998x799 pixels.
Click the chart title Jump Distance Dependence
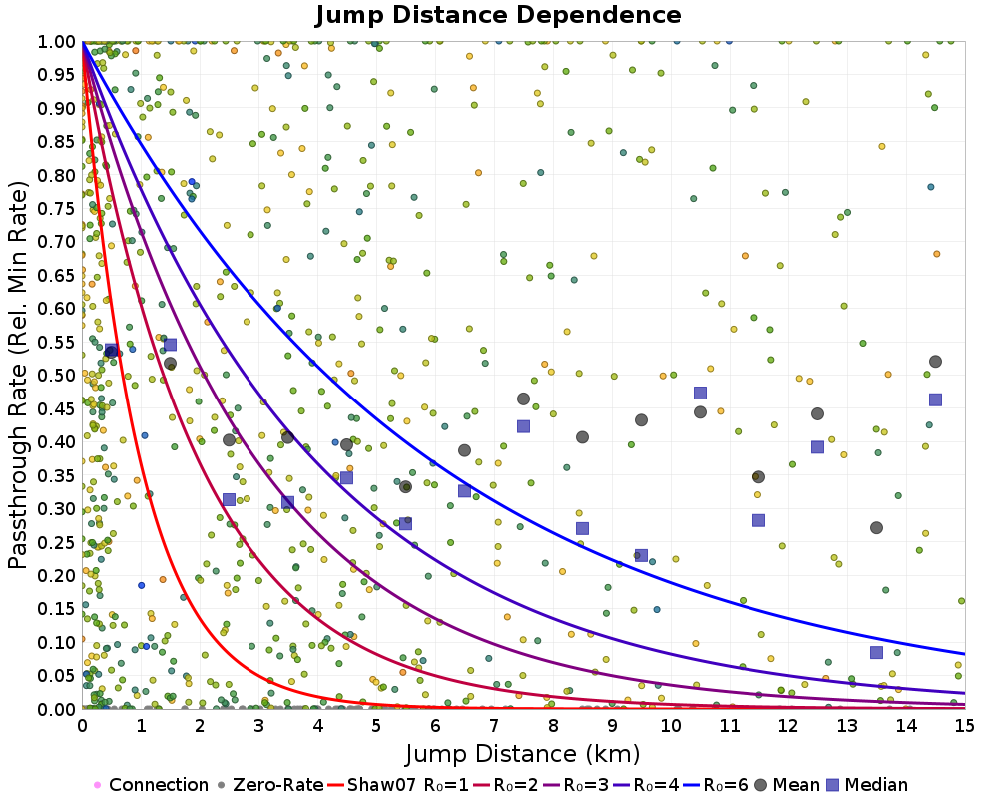pos(498,15)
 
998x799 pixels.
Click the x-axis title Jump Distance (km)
pos(522,752)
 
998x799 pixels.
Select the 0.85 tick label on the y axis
pos(58,141)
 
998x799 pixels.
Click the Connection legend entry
pos(150,785)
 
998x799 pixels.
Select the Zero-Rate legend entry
pos(274,785)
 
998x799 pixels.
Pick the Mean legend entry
pos(792,785)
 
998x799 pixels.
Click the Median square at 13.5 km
pos(876,652)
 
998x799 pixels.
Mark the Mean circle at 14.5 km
pos(935,362)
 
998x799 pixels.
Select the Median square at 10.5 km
pos(700,393)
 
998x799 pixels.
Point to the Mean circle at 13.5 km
pos(876,528)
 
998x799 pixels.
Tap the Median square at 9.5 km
pos(641,555)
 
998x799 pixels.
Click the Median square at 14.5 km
pos(935,399)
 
